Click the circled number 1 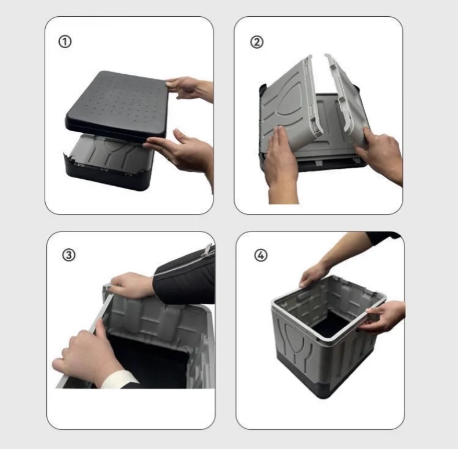pyautogui.click(x=65, y=42)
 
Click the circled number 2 pyautogui.click(x=257, y=42)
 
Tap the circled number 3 pyautogui.click(x=68, y=255)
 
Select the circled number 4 pyautogui.click(x=261, y=255)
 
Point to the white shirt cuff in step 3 pyautogui.click(x=119, y=379)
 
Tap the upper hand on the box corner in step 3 pyautogui.click(x=132, y=285)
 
